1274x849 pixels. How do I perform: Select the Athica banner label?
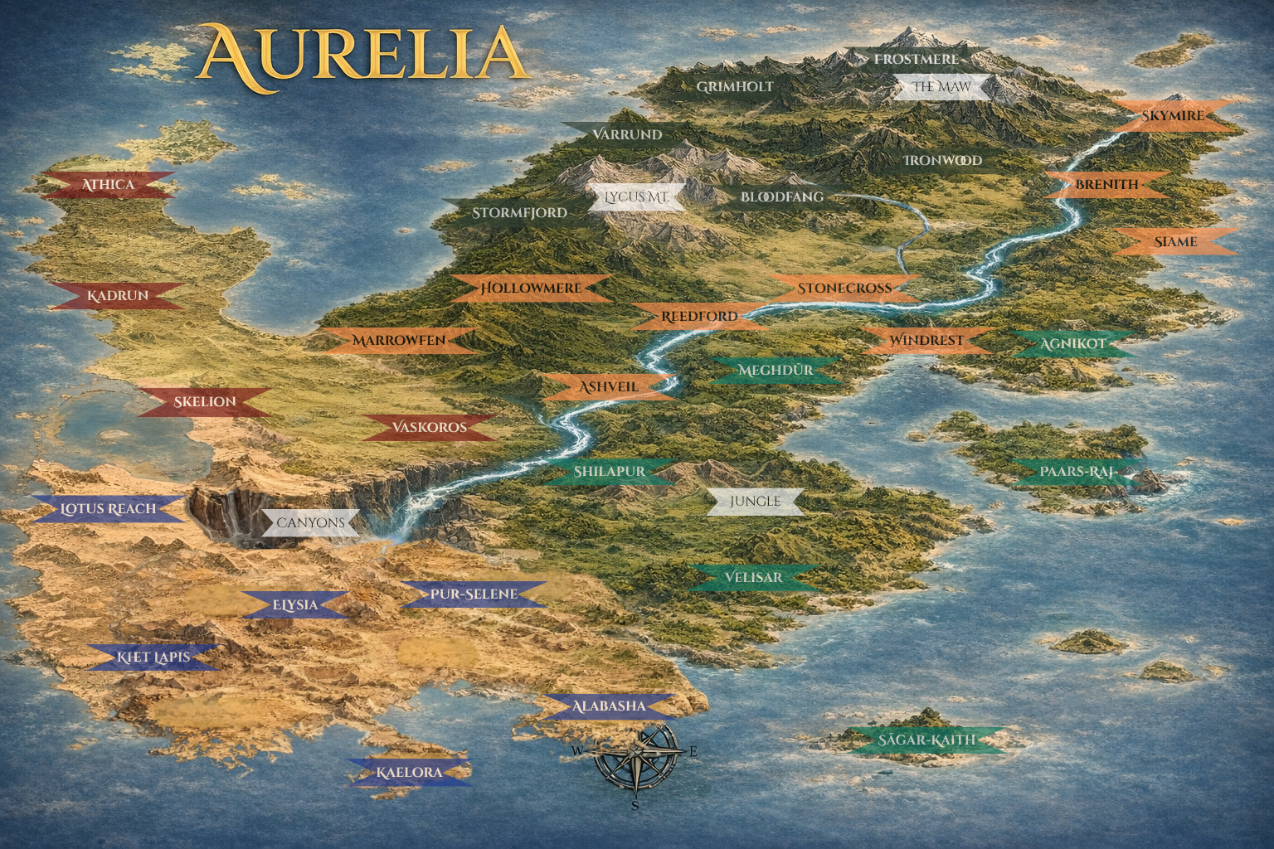click(x=109, y=184)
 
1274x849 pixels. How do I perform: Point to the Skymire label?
click(x=1172, y=115)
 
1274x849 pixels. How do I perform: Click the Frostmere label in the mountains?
click(x=916, y=59)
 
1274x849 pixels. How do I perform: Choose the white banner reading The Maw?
click(x=941, y=86)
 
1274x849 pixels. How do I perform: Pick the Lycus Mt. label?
click(x=636, y=197)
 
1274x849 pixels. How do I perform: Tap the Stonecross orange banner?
click(x=844, y=289)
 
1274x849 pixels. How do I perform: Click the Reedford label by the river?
click(x=699, y=316)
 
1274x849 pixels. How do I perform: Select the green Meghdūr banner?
click(x=776, y=370)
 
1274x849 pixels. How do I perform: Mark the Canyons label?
click(x=310, y=523)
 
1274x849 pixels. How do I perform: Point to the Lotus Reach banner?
click(x=109, y=508)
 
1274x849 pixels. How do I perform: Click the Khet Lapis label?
click(x=153, y=657)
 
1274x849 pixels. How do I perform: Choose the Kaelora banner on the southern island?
click(x=409, y=773)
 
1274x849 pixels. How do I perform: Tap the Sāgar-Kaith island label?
click(x=927, y=740)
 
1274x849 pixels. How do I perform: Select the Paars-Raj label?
click(x=1075, y=473)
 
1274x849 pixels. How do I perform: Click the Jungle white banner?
click(x=755, y=501)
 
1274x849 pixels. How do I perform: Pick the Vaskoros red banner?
click(x=430, y=428)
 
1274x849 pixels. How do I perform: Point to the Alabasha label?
click(x=608, y=706)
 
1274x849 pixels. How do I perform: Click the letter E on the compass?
click(x=693, y=752)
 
